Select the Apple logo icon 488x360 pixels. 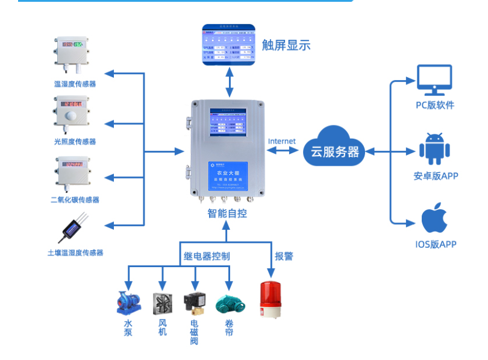434,218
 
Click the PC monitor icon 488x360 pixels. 434,81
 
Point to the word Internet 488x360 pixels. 282,141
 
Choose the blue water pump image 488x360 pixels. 128,303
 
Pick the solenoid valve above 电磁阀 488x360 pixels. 194,302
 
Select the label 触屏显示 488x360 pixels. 286,45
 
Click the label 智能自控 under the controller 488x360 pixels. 227,213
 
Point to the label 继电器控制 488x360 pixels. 207,256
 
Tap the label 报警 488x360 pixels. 284,256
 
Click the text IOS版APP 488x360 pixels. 436,244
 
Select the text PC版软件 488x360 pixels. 435,106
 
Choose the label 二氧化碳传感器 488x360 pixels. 75,200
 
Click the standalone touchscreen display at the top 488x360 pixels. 228,46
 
